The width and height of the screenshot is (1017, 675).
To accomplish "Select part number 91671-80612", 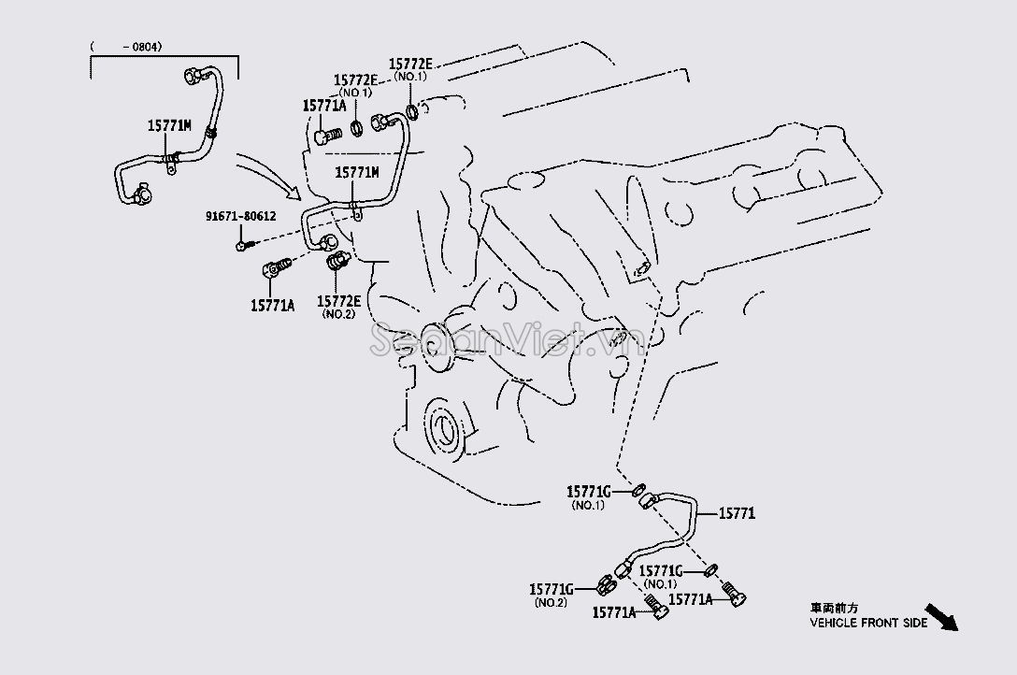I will [x=241, y=217].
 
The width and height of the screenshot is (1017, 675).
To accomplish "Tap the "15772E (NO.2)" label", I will [x=337, y=306].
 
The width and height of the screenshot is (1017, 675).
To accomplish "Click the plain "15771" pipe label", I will [x=738, y=513].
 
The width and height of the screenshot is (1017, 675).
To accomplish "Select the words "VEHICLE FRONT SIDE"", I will [x=868, y=622].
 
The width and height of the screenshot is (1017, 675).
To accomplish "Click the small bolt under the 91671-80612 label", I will [x=243, y=245].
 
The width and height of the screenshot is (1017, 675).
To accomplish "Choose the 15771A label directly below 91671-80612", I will [x=272, y=305].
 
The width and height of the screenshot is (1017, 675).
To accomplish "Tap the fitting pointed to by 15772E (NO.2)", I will [x=335, y=266].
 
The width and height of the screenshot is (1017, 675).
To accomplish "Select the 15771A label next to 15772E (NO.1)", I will [x=324, y=107].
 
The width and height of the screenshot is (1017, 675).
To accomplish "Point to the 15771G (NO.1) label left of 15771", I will [x=588, y=496].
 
